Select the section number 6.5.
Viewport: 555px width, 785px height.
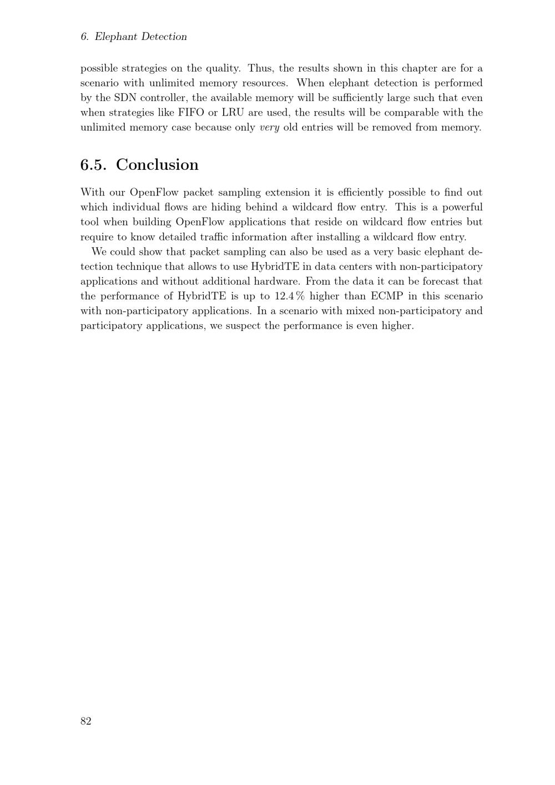(x=93, y=165)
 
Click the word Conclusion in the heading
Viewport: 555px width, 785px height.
(x=157, y=165)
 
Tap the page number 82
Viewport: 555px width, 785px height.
(x=86, y=721)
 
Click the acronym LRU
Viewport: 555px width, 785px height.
(x=233, y=113)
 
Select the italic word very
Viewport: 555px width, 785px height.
(x=269, y=128)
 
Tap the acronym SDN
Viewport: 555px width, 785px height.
(x=125, y=98)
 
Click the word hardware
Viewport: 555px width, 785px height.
(x=276, y=281)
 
